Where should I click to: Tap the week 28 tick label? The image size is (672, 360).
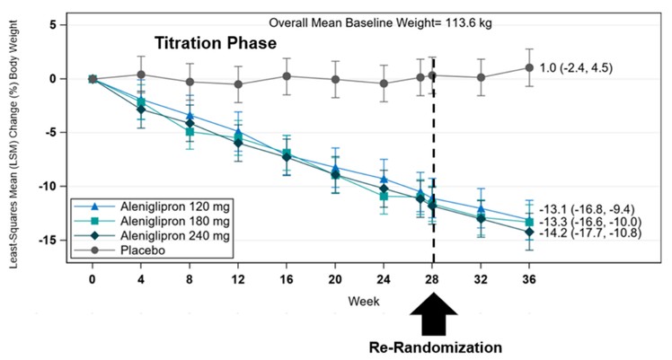click(432, 279)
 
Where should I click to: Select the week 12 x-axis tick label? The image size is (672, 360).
click(237, 279)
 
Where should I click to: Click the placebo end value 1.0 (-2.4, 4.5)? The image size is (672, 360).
click(576, 67)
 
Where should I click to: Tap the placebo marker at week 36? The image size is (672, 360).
click(529, 67)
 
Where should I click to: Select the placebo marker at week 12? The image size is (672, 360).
click(237, 84)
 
